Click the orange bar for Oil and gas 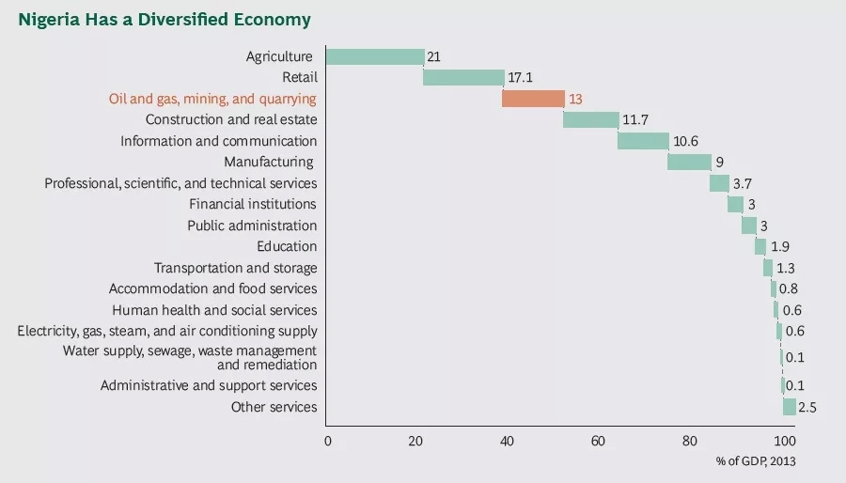533,99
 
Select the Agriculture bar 375,56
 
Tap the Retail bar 463,77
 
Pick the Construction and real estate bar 590,119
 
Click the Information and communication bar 643,141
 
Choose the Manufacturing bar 689,162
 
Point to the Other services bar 790,407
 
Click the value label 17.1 521,78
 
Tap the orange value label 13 576,99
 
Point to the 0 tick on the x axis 327,441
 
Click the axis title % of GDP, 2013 755,460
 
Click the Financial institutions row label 253,204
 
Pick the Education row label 287,246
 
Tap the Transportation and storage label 235,268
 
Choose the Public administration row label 252,226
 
